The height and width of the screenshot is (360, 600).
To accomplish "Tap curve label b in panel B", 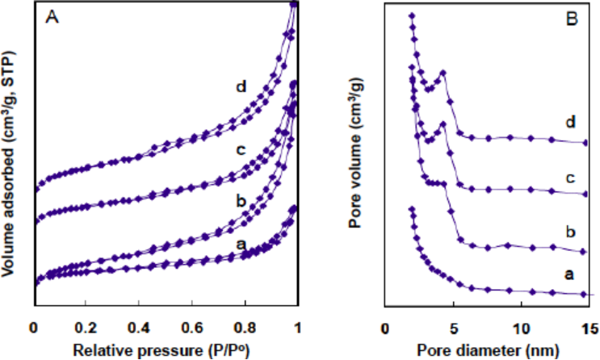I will click(x=572, y=231).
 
